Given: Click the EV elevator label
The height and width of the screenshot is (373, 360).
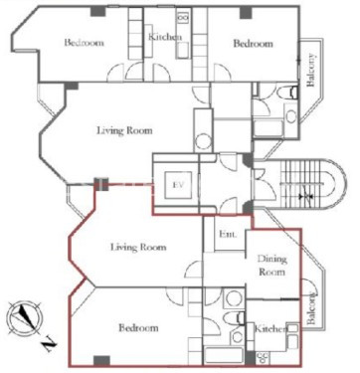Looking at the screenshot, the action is (x=178, y=185).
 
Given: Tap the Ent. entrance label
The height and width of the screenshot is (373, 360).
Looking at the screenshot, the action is (x=228, y=234).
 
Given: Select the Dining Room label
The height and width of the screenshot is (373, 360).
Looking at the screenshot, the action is (x=271, y=266).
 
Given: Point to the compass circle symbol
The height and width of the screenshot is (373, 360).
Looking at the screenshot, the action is (x=24, y=318).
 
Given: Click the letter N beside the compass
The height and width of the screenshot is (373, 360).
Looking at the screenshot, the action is (x=50, y=344).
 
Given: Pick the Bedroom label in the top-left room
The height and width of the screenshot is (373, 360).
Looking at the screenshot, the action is (x=85, y=43).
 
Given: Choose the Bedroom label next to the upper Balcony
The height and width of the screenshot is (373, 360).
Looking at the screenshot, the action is (x=254, y=44).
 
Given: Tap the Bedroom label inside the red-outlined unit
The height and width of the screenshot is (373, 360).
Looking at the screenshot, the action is (x=138, y=328).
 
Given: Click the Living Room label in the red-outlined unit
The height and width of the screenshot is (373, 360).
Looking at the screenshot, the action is (x=138, y=247).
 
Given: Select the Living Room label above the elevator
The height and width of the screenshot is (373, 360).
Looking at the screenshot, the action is (x=124, y=130).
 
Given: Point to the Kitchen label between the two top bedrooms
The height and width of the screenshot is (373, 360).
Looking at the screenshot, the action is (x=165, y=37).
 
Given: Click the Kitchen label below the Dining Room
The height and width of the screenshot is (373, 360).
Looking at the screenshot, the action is (x=270, y=329).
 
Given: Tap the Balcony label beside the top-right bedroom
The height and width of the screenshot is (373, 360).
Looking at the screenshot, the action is (x=310, y=70).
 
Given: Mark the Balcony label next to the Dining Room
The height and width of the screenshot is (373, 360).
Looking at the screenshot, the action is (x=310, y=308).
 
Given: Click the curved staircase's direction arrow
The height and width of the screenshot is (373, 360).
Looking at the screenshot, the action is (x=302, y=197).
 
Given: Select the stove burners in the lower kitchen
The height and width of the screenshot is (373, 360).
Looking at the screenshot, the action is (x=264, y=357).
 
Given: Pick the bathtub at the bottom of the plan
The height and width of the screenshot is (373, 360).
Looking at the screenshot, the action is (x=224, y=355).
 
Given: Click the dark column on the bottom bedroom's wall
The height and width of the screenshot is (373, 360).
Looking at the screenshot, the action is (x=101, y=360).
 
